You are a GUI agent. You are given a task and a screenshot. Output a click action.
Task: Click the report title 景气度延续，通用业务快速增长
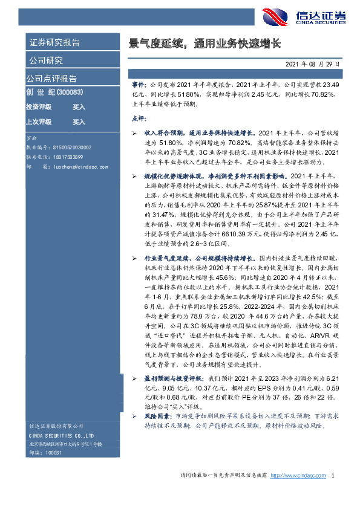205,44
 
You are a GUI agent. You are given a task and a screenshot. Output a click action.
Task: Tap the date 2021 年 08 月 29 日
312,63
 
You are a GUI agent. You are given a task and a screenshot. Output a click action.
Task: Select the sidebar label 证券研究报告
54,43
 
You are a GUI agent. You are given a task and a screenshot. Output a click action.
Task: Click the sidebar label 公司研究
46,60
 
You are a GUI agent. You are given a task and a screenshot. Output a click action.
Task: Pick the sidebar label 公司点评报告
51,78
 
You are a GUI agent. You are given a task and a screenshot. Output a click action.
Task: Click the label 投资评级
39,106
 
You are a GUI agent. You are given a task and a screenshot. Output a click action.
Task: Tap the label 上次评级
39,122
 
